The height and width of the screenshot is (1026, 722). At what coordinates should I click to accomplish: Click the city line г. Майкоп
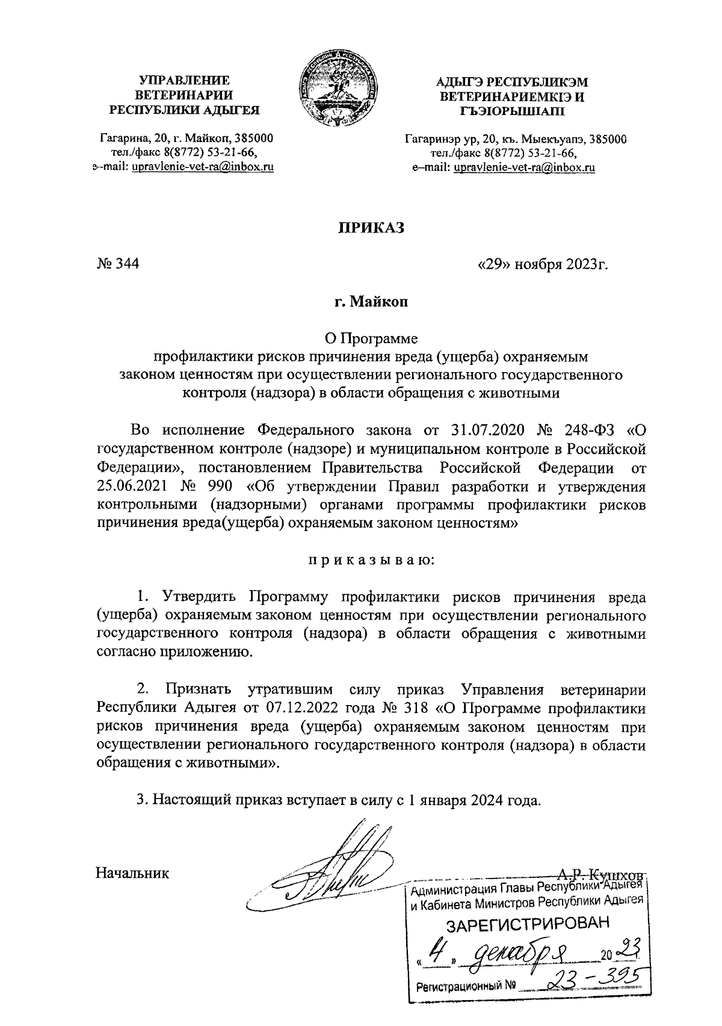click(371, 302)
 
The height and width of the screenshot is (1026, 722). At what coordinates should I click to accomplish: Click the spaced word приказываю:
click(371, 561)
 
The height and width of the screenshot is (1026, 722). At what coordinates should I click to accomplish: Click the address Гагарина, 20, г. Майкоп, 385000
click(187, 140)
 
